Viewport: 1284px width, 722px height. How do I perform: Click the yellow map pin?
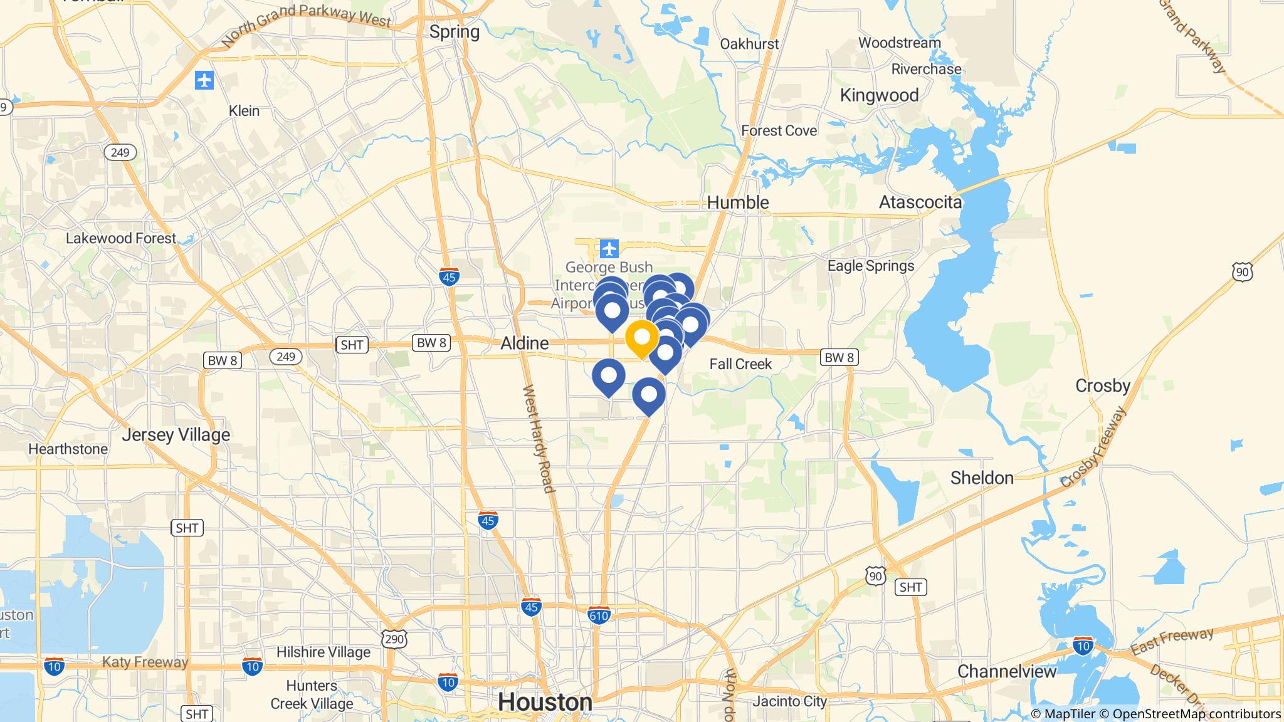(x=642, y=338)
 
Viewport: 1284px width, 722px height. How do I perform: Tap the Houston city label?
(x=545, y=702)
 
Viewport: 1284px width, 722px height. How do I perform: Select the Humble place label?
(x=738, y=202)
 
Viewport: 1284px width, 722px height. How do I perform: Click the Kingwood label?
(x=879, y=95)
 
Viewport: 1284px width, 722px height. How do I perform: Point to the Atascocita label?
(x=920, y=202)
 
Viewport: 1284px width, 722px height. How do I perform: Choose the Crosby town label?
(x=1102, y=385)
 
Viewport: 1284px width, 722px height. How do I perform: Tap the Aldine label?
(x=524, y=343)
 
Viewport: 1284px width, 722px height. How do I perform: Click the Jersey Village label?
(x=176, y=434)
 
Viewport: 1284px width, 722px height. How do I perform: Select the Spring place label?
(x=455, y=32)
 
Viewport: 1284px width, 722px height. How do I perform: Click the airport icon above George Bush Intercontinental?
(x=609, y=249)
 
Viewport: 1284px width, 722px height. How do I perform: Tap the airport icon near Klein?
(x=204, y=80)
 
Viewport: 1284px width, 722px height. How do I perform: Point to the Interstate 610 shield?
(x=599, y=615)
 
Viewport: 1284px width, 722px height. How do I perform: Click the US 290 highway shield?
(x=394, y=638)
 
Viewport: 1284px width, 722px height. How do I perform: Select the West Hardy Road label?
(x=539, y=439)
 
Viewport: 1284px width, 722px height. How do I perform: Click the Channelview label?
(x=1007, y=671)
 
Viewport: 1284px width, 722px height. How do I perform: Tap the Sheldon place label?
(x=982, y=478)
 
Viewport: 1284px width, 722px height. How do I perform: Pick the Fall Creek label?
(x=740, y=364)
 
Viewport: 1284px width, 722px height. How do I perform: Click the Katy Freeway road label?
(x=145, y=662)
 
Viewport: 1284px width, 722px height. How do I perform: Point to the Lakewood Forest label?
(x=121, y=238)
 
